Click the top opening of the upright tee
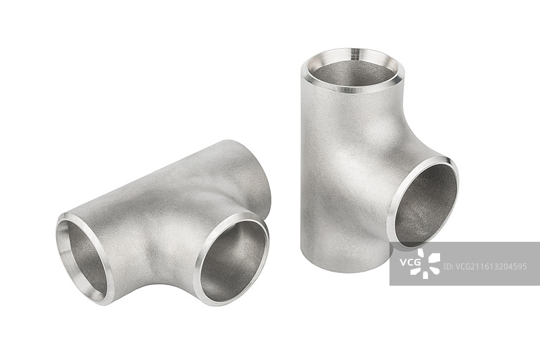point(352,71)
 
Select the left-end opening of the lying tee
point(85,259)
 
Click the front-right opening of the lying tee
point(232,259)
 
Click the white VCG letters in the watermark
point(410,262)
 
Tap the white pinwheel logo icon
point(425,263)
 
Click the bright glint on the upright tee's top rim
point(354,54)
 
